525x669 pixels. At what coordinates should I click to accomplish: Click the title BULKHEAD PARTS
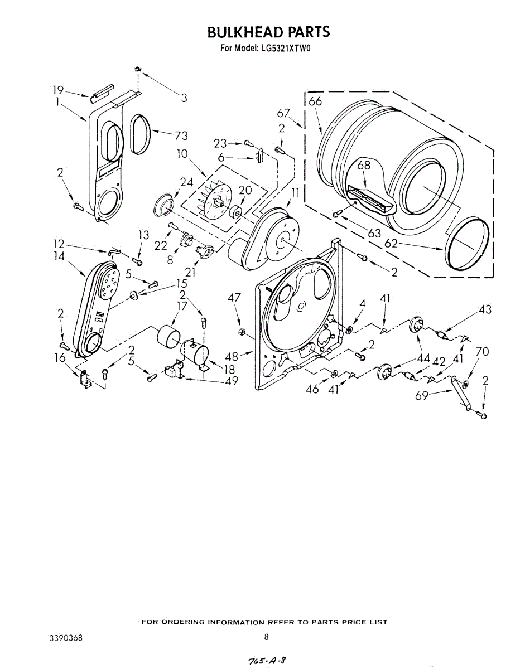pyautogui.click(x=268, y=32)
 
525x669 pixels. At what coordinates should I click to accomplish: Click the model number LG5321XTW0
pyautogui.click(x=285, y=48)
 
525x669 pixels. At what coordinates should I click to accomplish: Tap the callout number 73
pyautogui.click(x=180, y=135)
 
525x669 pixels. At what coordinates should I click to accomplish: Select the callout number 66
pyautogui.click(x=315, y=101)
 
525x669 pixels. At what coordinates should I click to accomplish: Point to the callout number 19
pyautogui.click(x=58, y=90)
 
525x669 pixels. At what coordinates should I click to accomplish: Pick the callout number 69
pyautogui.click(x=422, y=396)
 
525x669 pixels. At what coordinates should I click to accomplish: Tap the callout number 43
pyautogui.click(x=485, y=309)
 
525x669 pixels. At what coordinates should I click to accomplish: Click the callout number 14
pyautogui.click(x=59, y=256)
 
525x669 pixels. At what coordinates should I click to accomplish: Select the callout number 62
pyautogui.click(x=392, y=243)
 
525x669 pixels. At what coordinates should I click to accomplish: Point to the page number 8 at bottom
pyautogui.click(x=266, y=637)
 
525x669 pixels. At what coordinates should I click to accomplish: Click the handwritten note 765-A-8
pyautogui.click(x=264, y=660)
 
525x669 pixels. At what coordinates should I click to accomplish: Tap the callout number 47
pyautogui.click(x=234, y=298)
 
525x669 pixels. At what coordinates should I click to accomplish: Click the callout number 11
pyautogui.click(x=295, y=193)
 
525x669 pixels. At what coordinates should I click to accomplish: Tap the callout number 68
pyautogui.click(x=364, y=166)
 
